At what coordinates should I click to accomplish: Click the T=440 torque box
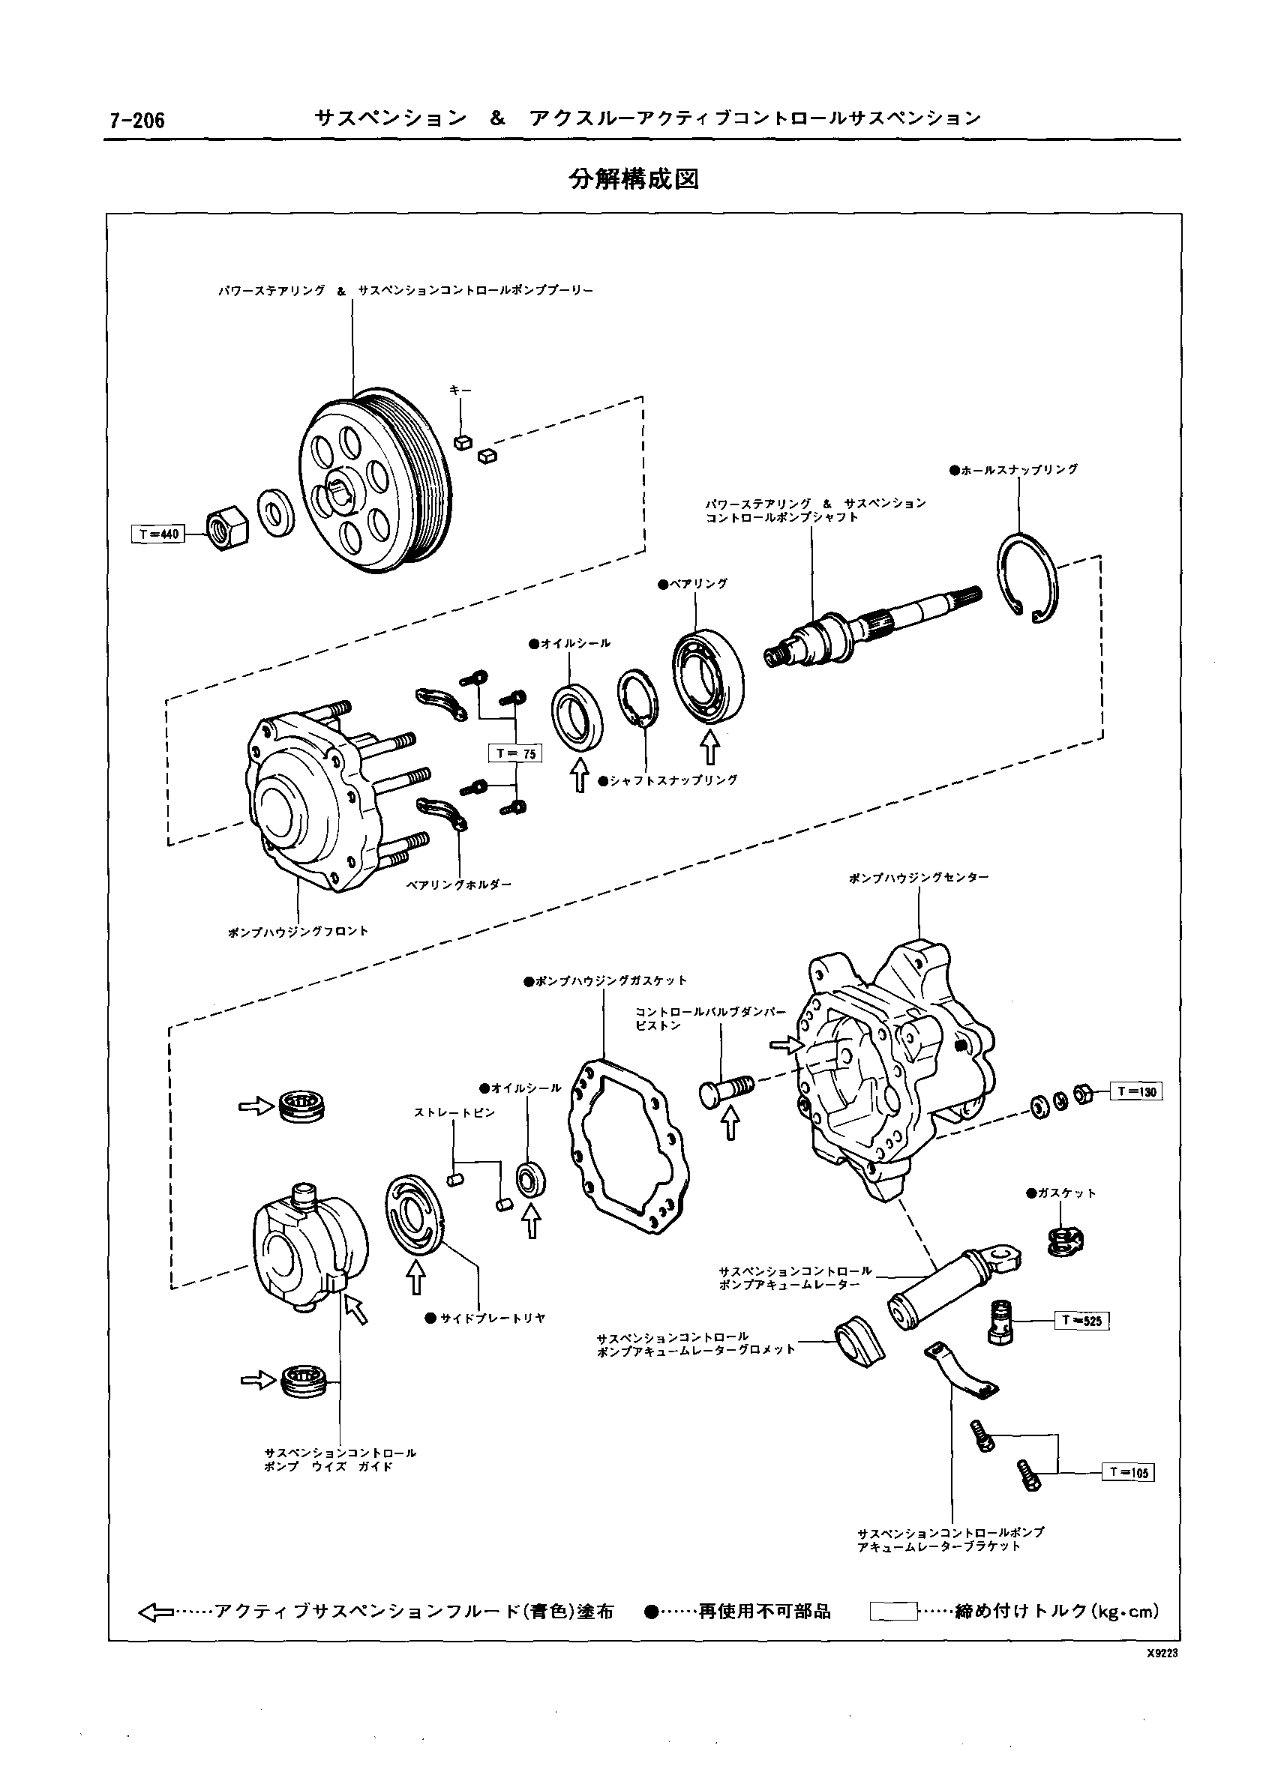(158, 534)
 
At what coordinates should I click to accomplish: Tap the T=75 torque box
(515, 753)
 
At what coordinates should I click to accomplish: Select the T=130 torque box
(1135, 1091)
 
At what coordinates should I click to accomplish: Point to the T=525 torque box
(1083, 1321)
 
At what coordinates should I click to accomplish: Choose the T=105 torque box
(1128, 1471)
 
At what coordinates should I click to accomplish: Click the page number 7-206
(133, 120)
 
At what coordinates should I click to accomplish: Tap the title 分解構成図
(634, 179)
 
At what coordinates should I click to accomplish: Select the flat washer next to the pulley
(275, 513)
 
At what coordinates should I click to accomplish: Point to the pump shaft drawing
(871, 626)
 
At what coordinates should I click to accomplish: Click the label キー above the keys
(460, 389)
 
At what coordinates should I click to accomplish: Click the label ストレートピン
(454, 1113)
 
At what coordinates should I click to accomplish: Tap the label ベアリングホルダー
(459, 885)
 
